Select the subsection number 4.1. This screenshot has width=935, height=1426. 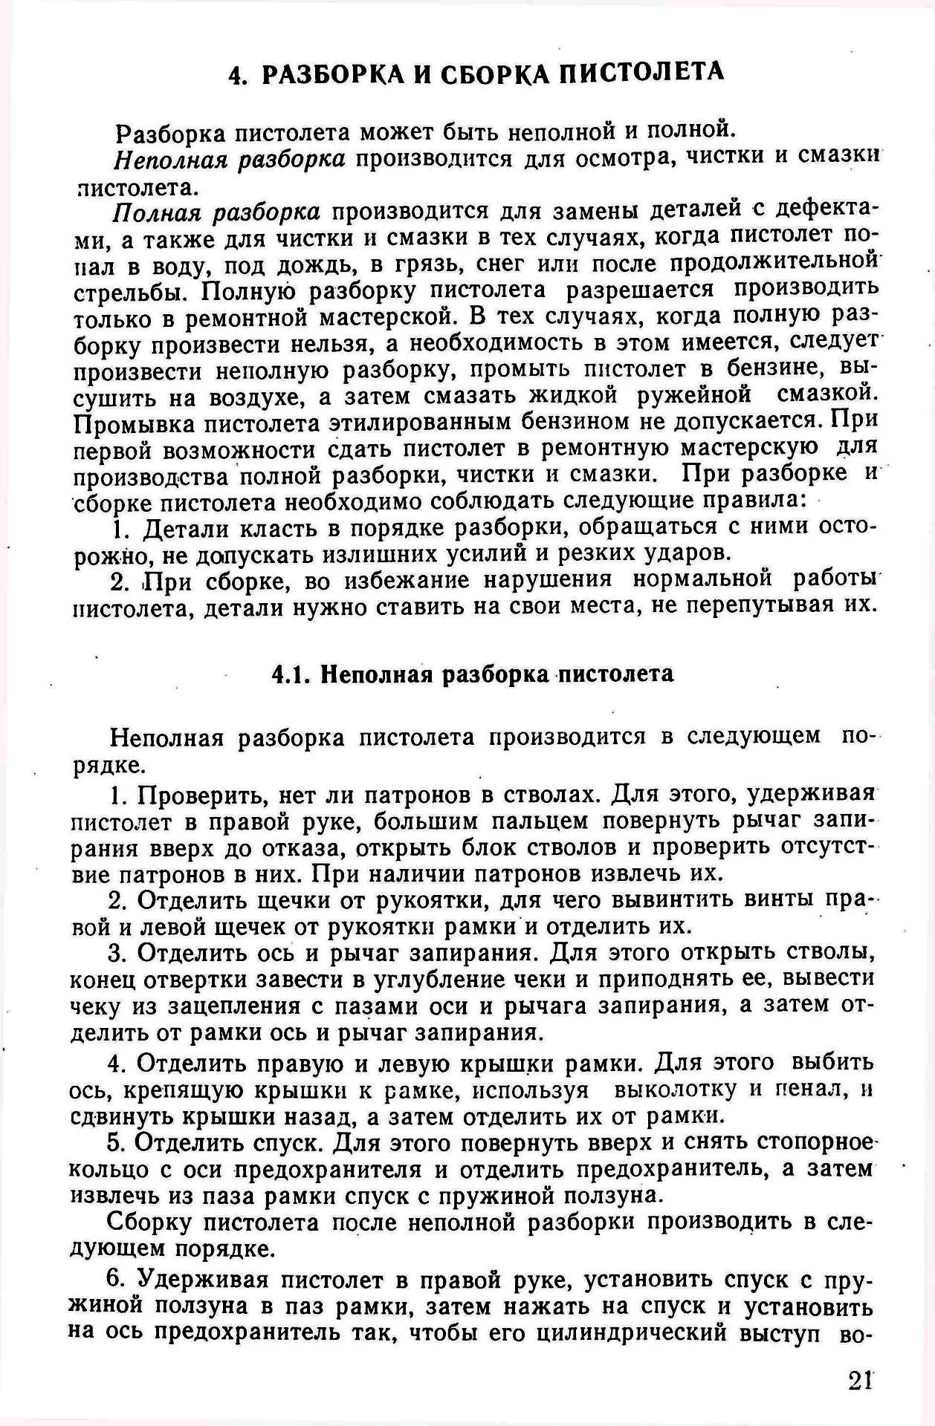tap(291, 674)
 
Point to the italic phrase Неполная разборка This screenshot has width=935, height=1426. tap(229, 159)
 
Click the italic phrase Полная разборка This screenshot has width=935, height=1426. tap(216, 212)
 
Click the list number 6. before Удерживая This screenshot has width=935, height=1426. tap(117, 1279)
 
